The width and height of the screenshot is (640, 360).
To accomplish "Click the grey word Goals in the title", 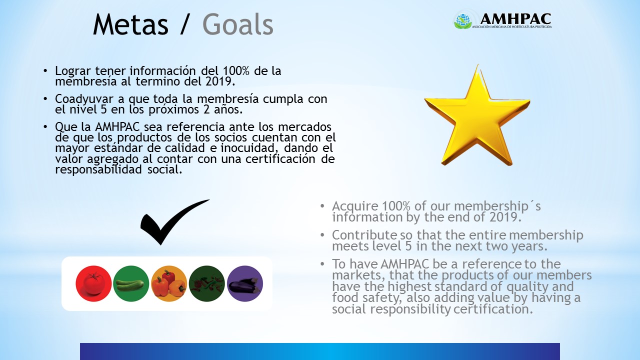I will [x=237, y=24].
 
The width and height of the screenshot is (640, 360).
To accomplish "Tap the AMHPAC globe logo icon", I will [x=463, y=20].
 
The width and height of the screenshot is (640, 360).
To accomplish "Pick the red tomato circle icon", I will [x=93, y=283].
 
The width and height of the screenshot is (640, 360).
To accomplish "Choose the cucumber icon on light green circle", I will [x=131, y=283].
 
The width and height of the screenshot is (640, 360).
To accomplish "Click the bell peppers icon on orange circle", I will [x=169, y=283].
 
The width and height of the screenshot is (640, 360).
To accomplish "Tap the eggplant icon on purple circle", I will [x=244, y=283].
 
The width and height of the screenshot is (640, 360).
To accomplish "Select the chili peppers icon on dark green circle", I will [x=207, y=283].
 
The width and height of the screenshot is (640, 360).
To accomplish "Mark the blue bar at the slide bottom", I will [x=320, y=351].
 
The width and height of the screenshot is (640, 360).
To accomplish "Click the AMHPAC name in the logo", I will [x=515, y=18].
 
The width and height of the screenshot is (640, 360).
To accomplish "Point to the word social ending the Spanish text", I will [x=165, y=169].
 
